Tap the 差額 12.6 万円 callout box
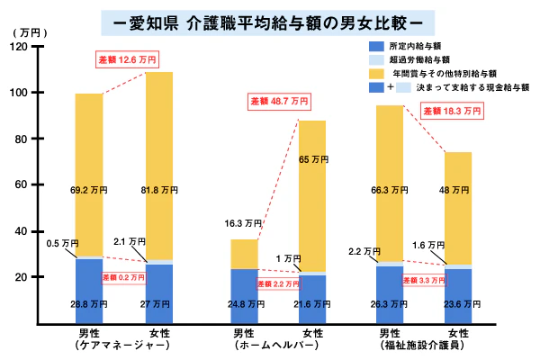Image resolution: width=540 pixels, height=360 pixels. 127,60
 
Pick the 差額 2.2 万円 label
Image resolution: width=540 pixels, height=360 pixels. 278,283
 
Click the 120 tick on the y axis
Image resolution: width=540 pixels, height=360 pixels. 43,47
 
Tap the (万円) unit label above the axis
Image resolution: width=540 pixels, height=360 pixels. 22,32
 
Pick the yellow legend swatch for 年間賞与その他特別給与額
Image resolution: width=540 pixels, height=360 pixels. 379,74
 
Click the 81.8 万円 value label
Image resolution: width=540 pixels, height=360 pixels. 159,190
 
